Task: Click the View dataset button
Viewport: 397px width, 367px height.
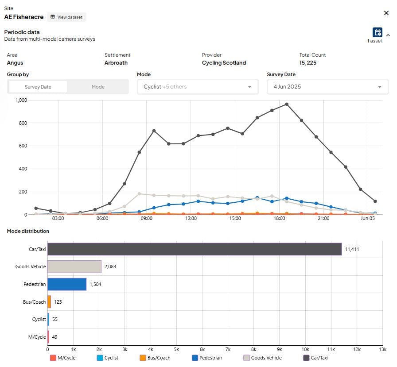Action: point(66,17)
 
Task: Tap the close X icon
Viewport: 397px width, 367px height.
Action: point(386,13)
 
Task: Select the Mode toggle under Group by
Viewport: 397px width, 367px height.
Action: point(98,87)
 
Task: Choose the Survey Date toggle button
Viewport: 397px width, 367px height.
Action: point(38,87)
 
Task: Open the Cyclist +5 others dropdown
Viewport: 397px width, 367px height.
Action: point(198,87)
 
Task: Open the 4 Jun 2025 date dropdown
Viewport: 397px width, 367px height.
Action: point(327,87)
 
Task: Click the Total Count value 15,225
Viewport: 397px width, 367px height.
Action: point(307,63)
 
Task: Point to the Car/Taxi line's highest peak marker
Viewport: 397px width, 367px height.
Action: point(287,104)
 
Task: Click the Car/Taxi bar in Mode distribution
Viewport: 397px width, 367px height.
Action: point(195,249)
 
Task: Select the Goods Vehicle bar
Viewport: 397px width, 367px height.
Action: point(74,267)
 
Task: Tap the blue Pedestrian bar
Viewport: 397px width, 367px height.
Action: point(67,284)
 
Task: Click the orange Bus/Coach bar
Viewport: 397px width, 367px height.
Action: point(49,302)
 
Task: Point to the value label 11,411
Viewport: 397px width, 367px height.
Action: point(352,249)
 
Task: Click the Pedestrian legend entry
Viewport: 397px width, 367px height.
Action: point(207,358)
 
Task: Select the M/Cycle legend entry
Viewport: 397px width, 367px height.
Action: point(62,358)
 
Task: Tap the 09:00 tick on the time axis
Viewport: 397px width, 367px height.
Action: point(147,218)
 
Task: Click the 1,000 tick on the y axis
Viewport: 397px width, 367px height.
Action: point(21,100)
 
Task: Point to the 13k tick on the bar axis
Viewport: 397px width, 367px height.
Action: point(382,349)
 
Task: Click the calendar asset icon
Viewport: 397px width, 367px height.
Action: point(377,32)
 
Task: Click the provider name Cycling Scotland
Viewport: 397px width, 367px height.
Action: point(224,63)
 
